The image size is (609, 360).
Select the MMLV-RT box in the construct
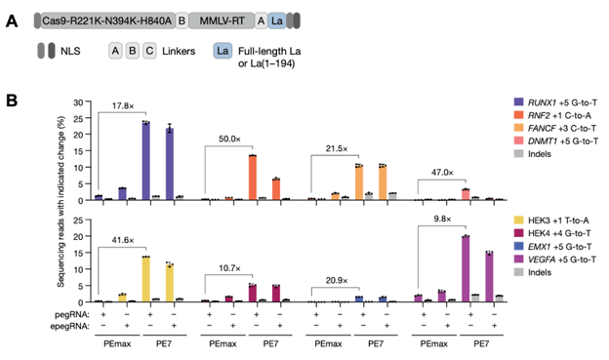pos(245,20)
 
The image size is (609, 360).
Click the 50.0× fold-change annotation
pos(230,140)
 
